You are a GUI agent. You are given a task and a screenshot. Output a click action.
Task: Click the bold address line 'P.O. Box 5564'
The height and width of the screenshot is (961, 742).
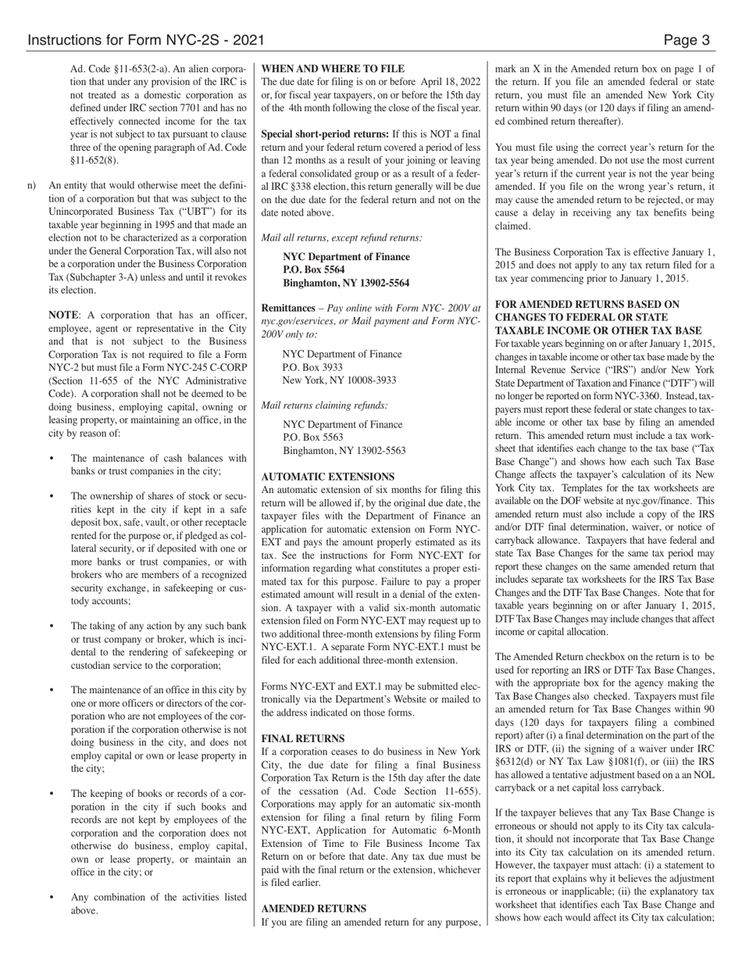click(x=313, y=270)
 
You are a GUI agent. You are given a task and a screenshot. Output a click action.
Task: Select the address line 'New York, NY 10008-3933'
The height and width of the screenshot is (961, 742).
click(x=339, y=380)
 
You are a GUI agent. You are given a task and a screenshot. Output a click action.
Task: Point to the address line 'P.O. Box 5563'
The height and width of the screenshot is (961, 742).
click(x=312, y=438)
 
